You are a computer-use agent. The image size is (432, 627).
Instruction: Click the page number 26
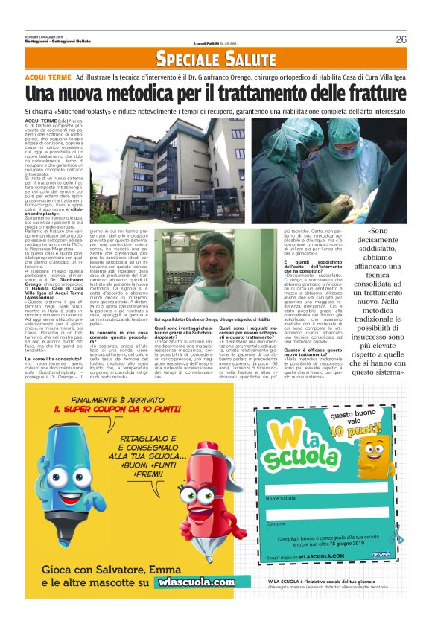pyautogui.click(x=401, y=39)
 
